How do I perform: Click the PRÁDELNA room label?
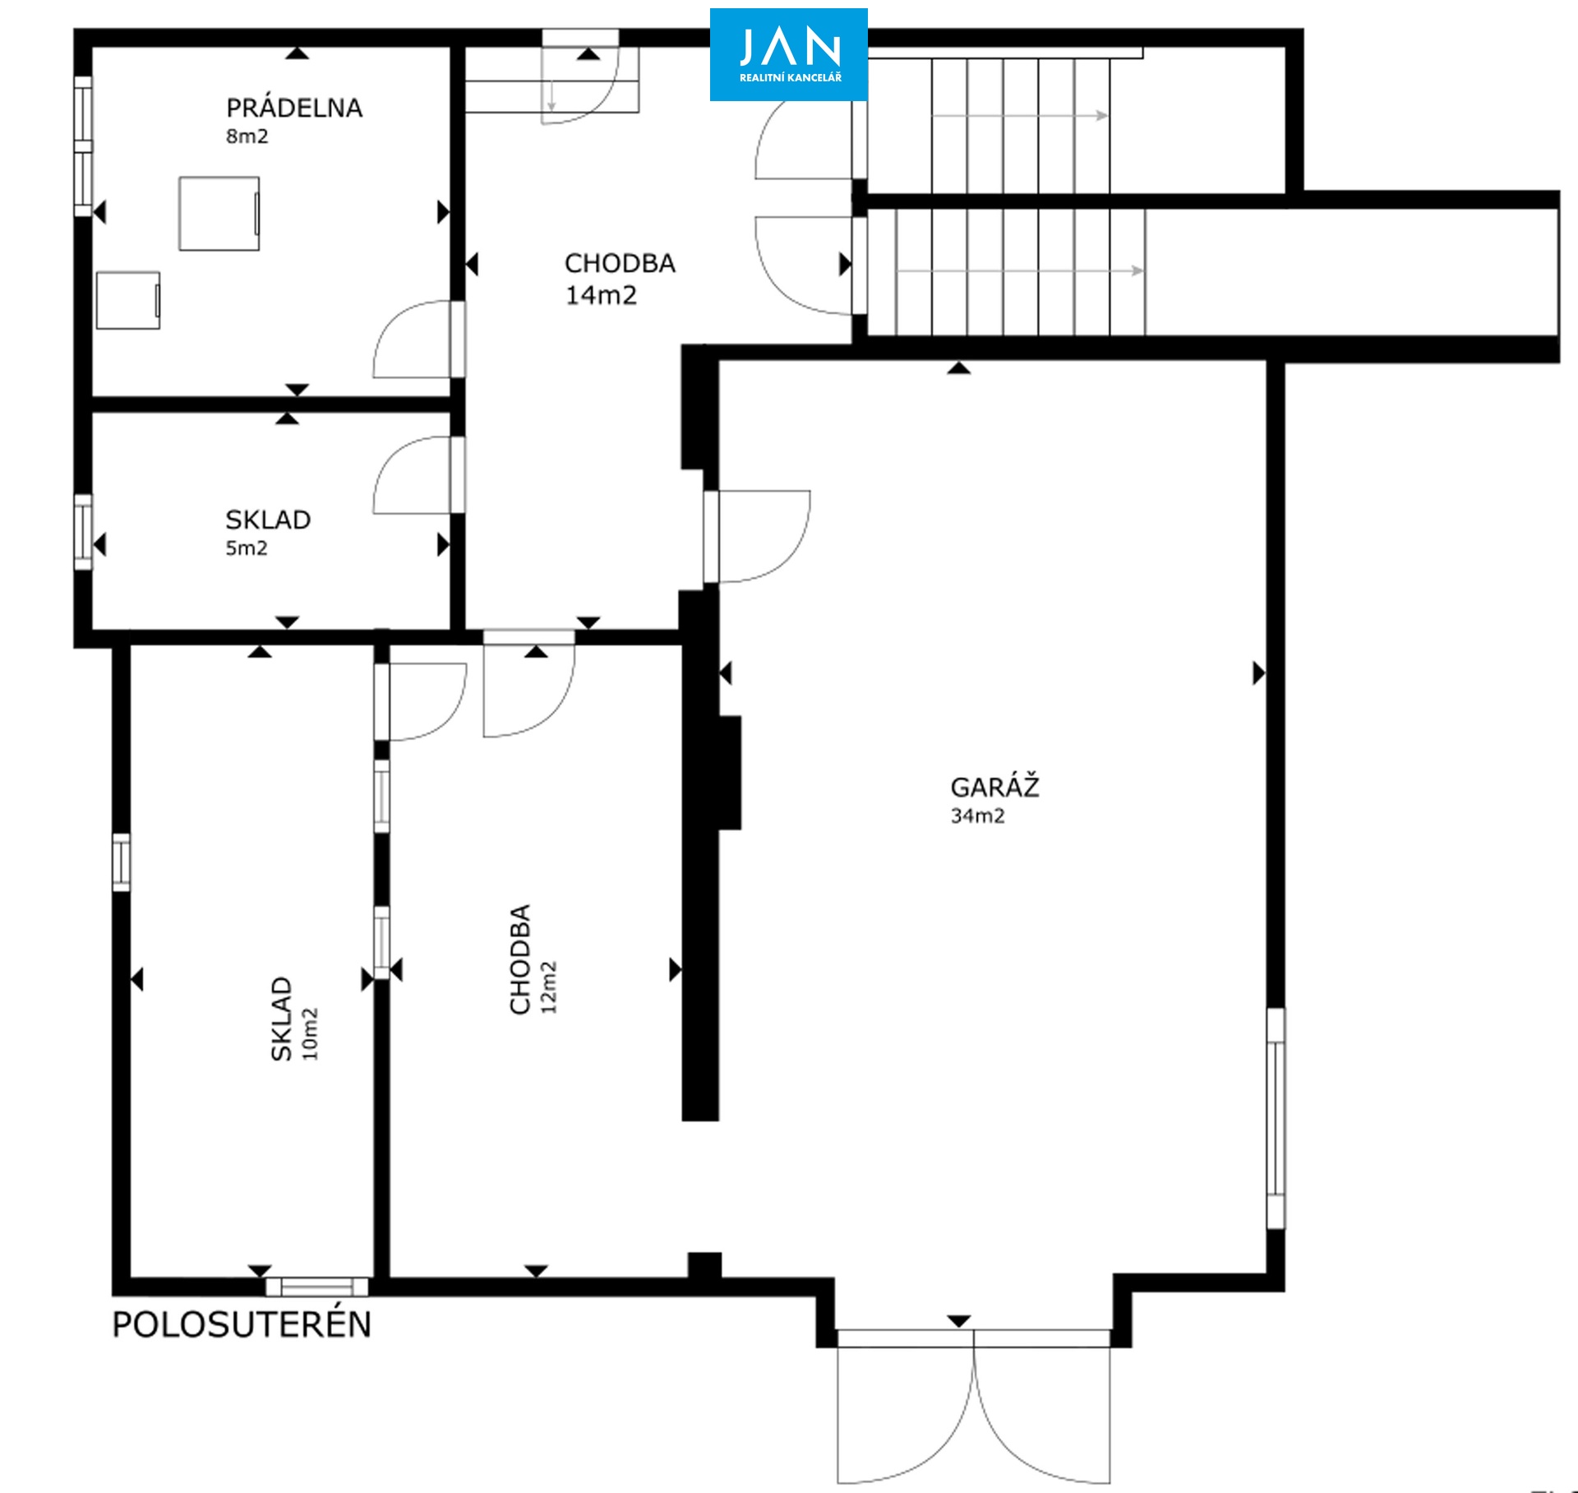(294, 108)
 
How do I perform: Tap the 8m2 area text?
(247, 136)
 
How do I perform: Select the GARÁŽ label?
(994, 787)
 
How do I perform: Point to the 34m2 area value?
(977, 816)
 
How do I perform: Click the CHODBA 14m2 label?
(620, 279)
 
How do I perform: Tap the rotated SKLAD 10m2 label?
(293, 1019)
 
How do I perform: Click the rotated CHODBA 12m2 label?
(533, 959)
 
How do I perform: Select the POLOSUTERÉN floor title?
(242, 1324)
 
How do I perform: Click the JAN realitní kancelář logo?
(788, 54)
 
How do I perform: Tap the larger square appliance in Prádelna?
(219, 213)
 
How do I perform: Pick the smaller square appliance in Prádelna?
(128, 301)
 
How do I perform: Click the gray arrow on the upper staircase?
(1020, 116)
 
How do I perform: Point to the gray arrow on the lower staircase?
(1020, 270)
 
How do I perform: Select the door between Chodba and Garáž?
(757, 537)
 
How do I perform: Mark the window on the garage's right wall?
(1276, 1118)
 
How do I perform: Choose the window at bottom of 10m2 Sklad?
(317, 1287)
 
